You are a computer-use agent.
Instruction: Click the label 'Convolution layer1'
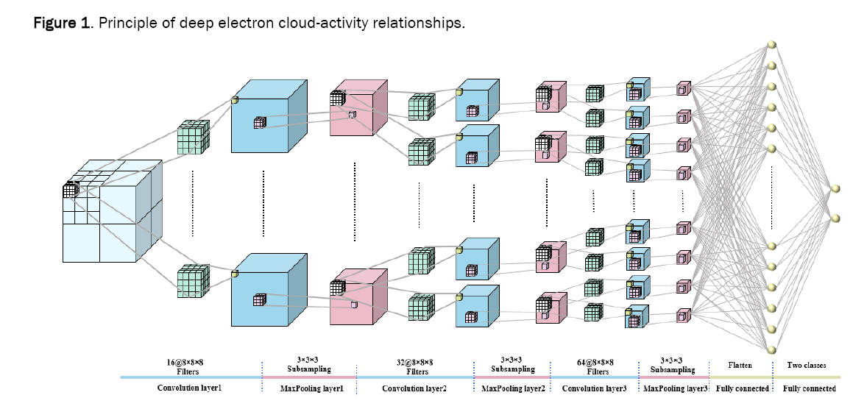click(x=190, y=388)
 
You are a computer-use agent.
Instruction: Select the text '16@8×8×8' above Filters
click(x=191, y=362)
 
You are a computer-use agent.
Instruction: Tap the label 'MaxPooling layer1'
click(x=309, y=388)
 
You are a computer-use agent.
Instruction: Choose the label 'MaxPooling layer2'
click(x=513, y=388)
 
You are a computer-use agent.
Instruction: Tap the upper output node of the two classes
click(x=835, y=190)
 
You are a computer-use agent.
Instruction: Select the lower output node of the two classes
click(x=835, y=217)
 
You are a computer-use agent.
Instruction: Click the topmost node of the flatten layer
click(x=772, y=45)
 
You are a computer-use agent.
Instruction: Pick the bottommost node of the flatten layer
click(x=772, y=349)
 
